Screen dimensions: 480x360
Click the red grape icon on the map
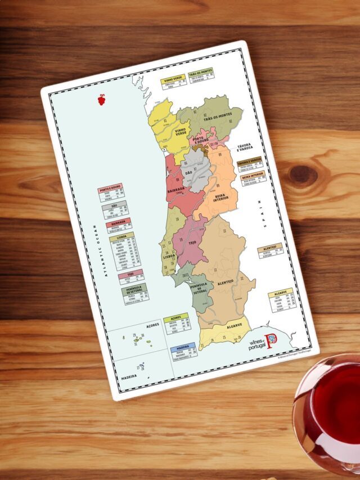pos(101,100)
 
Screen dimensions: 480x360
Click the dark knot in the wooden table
pos(303,175)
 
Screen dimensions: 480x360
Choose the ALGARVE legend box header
pos(280,293)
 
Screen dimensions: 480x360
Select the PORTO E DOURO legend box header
pos(110,190)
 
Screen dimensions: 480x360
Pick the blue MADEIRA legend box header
pos(183,347)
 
